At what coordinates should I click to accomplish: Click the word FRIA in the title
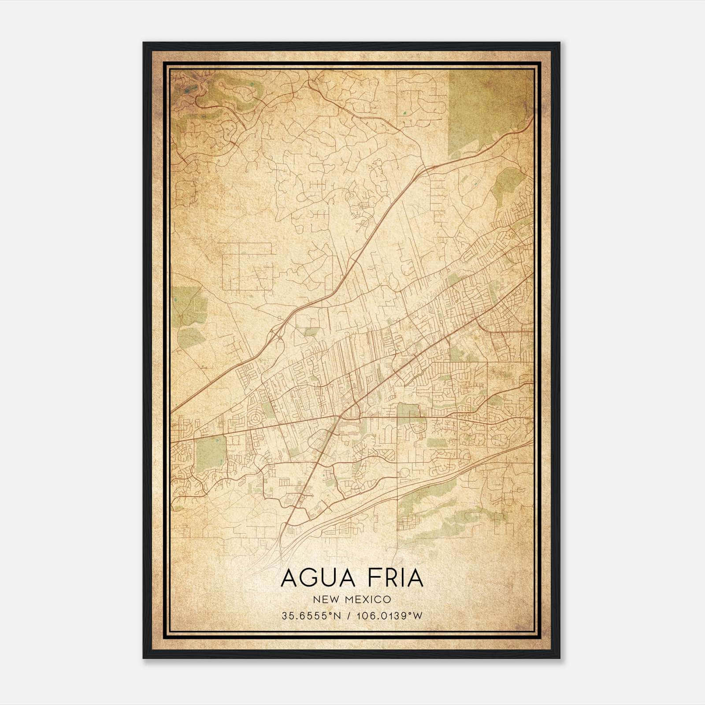point(390,578)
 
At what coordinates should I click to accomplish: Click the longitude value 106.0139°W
point(390,616)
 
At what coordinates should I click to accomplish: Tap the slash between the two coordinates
point(349,616)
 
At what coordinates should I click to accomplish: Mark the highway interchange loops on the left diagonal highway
point(277,333)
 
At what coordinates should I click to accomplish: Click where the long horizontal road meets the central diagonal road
point(339,416)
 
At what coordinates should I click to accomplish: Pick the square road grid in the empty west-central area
point(247,267)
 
